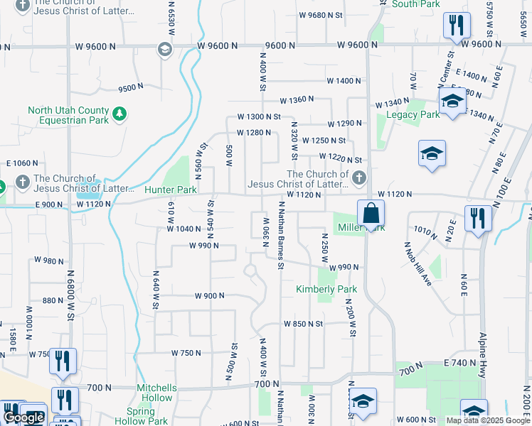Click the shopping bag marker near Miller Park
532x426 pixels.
point(371,213)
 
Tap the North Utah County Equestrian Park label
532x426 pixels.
point(68,115)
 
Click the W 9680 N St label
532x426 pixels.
point(321,15)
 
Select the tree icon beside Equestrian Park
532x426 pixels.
point(120,113)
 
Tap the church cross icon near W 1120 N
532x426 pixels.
point(359,176)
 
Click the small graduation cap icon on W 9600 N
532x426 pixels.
point(164,48)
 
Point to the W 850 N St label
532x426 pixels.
point(303,324)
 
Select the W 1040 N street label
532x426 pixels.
point(185,229)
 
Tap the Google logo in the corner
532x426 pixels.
point(23,417)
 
